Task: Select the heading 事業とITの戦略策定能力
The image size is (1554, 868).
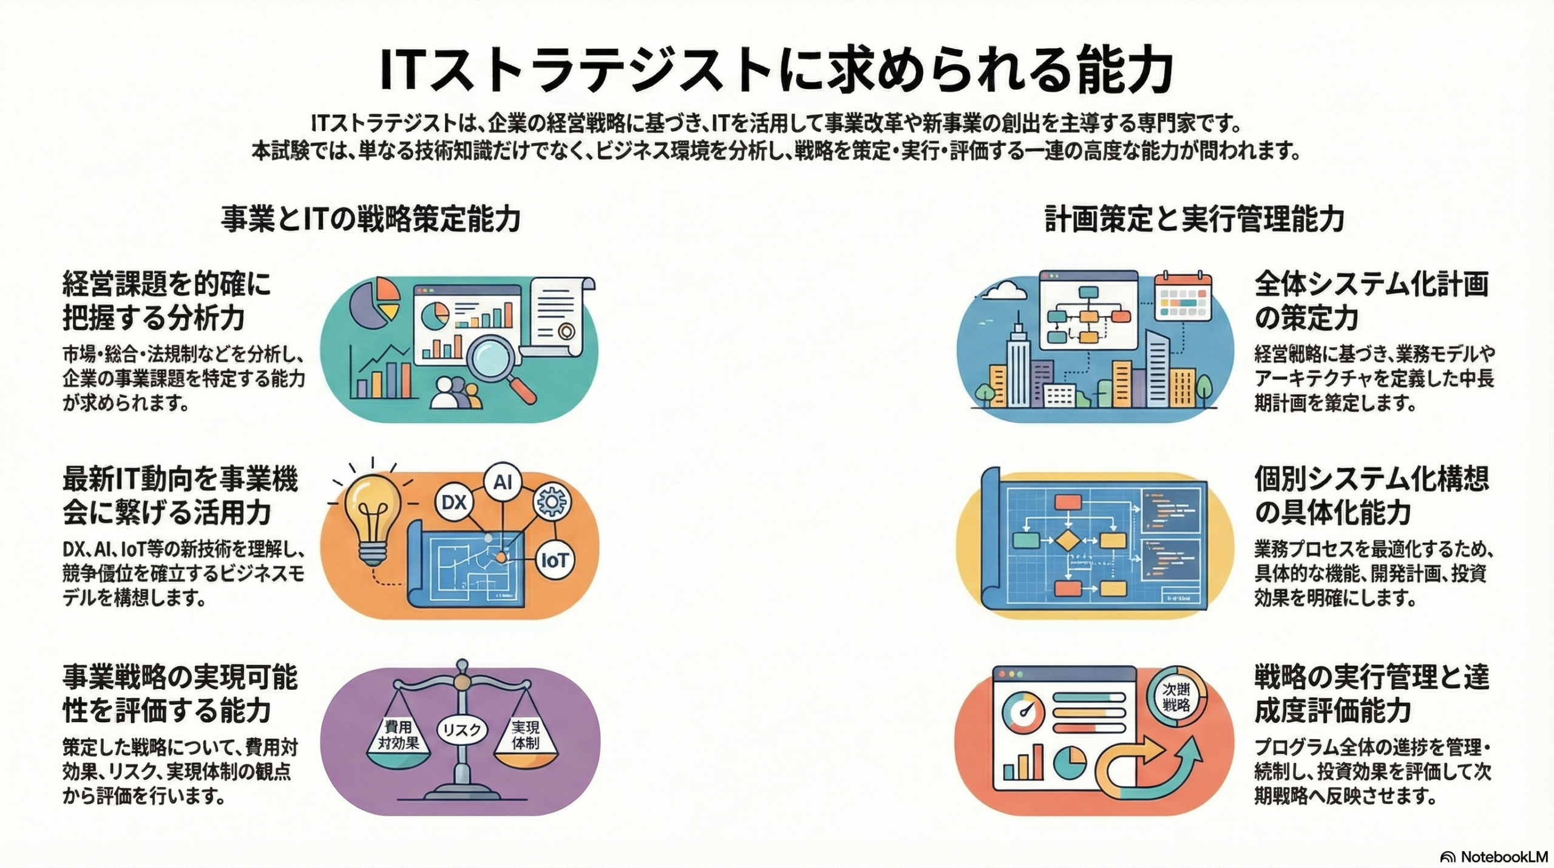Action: (x=370, y=219)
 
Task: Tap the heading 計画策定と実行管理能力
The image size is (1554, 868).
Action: (x=1194, y=219)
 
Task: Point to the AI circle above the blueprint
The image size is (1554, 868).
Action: (x=503, y=482)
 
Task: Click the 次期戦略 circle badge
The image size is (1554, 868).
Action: (x=1176, y=697)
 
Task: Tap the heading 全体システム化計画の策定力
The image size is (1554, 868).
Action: (x=1371, y=301)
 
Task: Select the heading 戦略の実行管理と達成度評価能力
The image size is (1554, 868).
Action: (x=1371, y=694)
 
